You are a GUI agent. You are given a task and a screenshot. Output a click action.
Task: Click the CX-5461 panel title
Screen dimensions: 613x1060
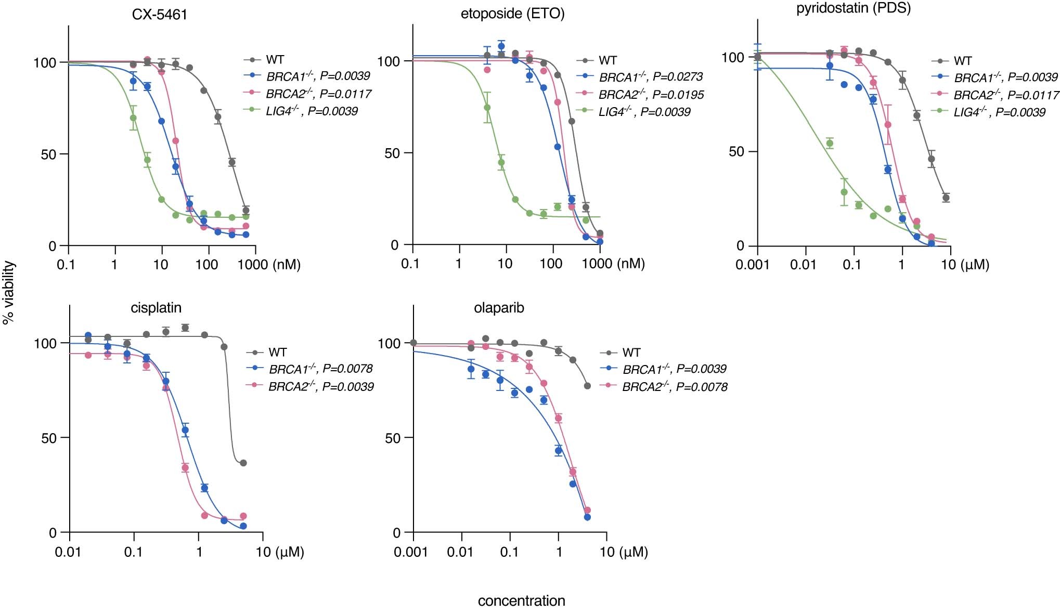point(159,14)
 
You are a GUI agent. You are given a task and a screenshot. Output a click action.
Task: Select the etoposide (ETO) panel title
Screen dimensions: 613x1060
point(512,14)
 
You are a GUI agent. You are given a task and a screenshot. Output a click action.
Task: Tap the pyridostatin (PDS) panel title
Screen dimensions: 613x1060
point(853,8)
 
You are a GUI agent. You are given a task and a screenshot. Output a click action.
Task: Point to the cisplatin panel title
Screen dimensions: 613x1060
point(156,308)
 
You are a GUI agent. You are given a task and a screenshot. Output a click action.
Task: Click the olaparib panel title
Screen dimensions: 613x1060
point(499,308)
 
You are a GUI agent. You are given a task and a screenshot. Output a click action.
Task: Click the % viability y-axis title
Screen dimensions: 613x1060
point(9,293)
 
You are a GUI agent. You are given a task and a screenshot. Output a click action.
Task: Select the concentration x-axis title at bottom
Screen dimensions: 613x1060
point(521,601)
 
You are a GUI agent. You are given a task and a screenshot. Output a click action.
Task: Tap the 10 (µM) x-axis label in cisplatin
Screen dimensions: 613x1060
point(280,552)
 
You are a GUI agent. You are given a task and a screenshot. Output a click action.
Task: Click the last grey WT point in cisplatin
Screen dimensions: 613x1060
point(243,463)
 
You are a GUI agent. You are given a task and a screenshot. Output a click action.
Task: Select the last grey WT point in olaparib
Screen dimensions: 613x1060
point(587,386)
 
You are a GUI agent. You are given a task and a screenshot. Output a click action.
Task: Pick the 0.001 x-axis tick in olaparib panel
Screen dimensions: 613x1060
point(410,552)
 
